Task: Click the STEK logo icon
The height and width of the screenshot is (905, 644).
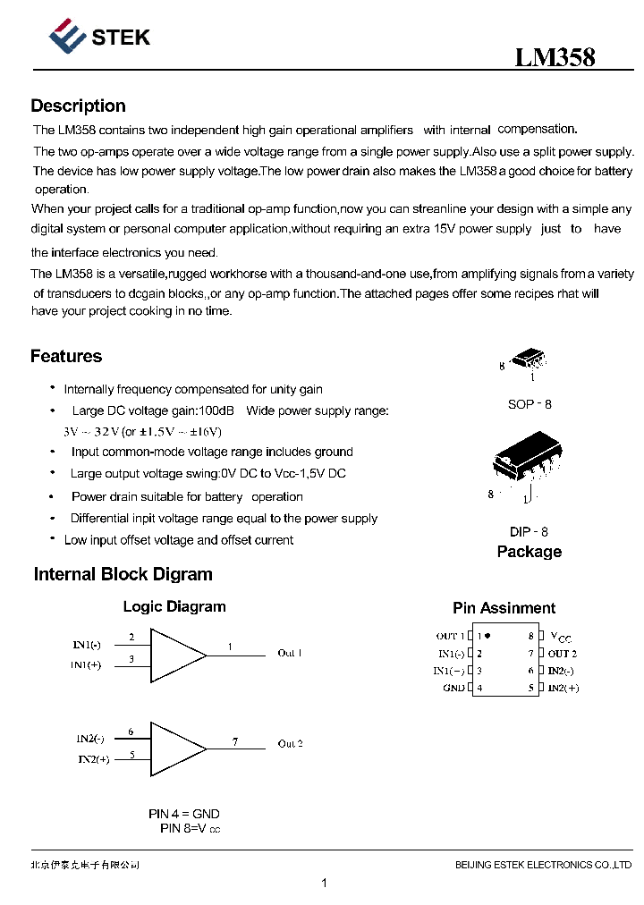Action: click(x=67, y=37)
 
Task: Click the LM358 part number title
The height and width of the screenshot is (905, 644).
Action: click(x=555, y=58)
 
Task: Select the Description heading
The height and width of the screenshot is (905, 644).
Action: click(x=78, y=106)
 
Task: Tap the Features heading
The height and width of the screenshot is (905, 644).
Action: click(x=66, y=356)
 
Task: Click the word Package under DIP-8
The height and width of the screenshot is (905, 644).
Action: click(x=529, y=552)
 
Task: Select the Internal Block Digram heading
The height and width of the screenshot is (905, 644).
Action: click(x=123, y=574)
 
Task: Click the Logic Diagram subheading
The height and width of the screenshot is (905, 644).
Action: click(x=174, y=606)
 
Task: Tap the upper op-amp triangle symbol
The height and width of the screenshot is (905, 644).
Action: click(x=177, y=655)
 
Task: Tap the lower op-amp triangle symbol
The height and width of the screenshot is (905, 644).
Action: click(x=177, y=748)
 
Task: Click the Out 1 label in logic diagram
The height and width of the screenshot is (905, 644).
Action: click(x=290, y=653)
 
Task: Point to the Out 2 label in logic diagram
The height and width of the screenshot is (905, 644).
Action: click(x=290, y=744)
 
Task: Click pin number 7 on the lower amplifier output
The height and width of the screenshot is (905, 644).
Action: click(x=235, y=741)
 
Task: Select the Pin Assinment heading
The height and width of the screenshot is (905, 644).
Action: click(x=504, y=608)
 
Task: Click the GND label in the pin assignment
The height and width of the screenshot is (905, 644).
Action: click(x=453, y=688)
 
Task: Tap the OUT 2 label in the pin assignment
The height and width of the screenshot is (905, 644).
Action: click(x=562, y=654)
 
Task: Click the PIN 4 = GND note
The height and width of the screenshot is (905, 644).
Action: click(x=183, y=814)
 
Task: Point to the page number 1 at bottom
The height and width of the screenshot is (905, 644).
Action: click(x=324, y=884)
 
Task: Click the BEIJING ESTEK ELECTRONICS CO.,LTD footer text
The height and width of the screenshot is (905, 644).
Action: click(x=543, y=865)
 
